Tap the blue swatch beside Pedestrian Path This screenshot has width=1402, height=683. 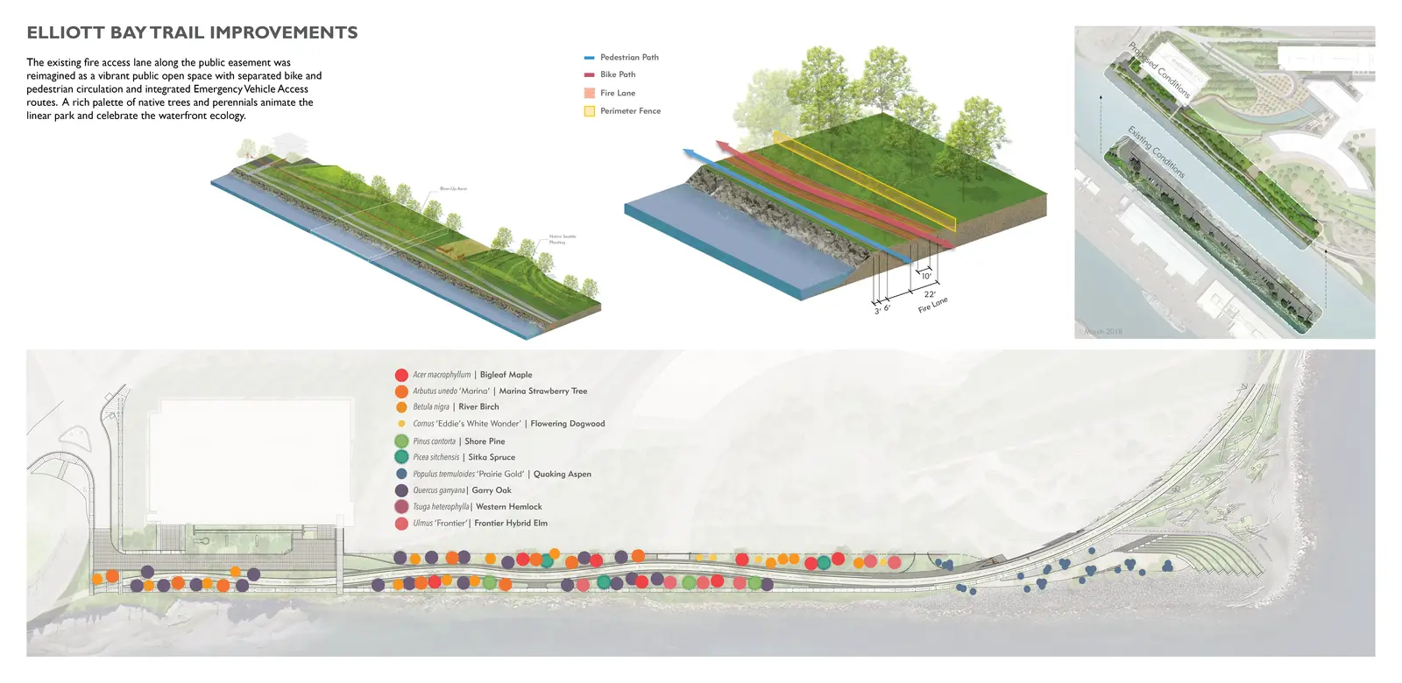click(x=589, y=58)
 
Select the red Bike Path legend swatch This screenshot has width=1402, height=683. click(x=589, y=74)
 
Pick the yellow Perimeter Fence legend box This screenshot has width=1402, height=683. click(x=589, y=111)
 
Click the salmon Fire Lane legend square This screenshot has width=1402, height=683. click(x=589, y=93)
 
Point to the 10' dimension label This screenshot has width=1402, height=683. click(x=926, y=277)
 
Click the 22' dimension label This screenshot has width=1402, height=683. click(x=930, y=294)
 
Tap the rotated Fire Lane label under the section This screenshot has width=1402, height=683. click(x=932, y=305)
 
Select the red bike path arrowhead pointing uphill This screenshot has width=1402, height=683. click(x=723, y=145)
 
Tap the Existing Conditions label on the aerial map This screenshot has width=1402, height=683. click(x=1156, y=152)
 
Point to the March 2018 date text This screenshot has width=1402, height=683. click(x=1102, y=332)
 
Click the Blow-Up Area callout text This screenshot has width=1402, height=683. click(x=453, y=189)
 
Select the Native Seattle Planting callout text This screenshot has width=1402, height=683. click(x=562, y=239)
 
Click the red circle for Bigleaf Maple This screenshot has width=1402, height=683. click(x=401, y=375)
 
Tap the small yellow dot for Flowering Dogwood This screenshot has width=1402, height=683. click(x=401, y=424)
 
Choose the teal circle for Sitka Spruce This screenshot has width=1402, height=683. click(x=401, y=457)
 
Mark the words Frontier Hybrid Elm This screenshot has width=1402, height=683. click(x=511, y=524)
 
